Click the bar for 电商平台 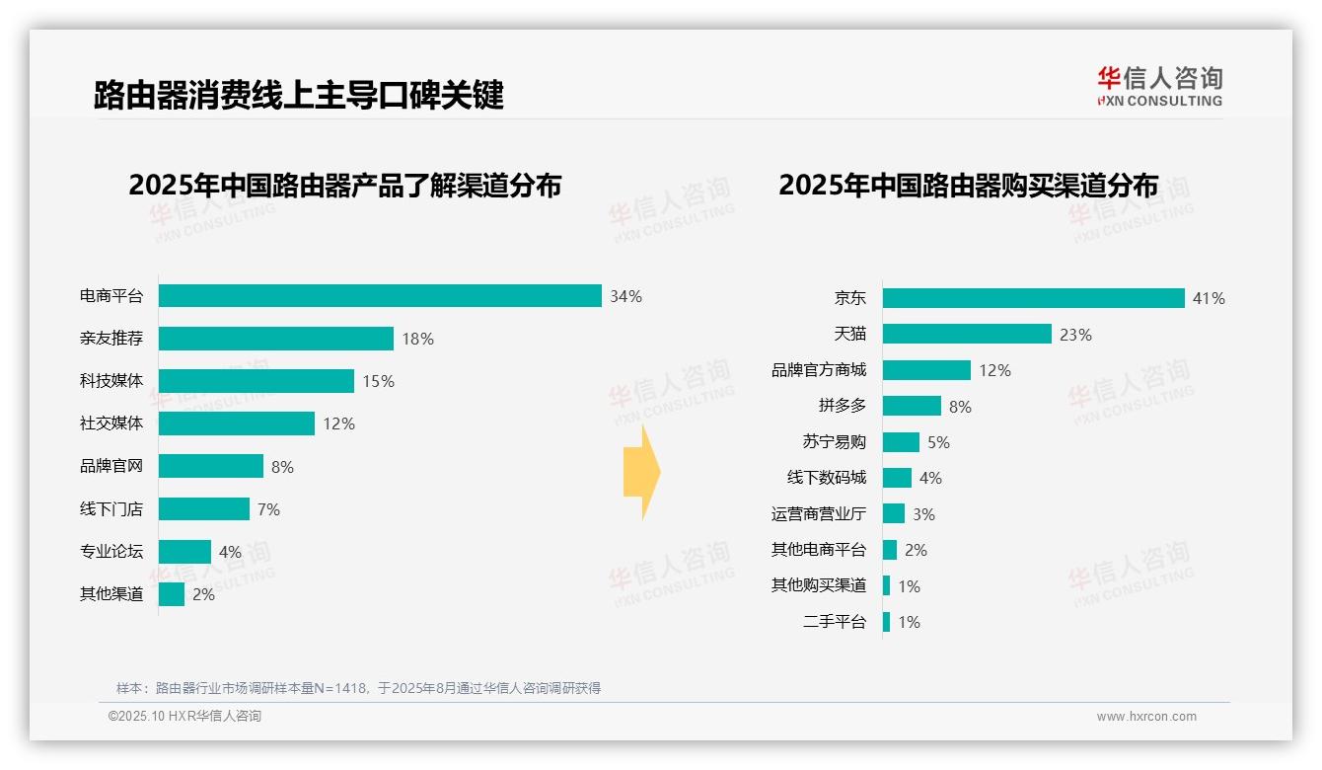[380, 296]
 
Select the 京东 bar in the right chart [1033, 298]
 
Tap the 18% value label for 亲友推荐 [417, 339]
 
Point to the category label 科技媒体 [111, 381]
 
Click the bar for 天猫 [967, 334]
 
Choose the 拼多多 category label [842, 406]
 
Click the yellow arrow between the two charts [642, 473]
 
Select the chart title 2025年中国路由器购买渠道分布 [968, 186]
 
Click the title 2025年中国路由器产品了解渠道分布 [344, 186]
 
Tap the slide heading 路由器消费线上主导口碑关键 [298, 95]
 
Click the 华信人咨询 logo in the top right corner [1159, 87]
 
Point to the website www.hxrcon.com [1146, 717]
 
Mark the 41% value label [1209, 298]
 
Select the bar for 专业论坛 [184, 552]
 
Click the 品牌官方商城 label [818, 370]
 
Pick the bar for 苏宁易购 [901, 442]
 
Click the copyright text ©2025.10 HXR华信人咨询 [184, 717]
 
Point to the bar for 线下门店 [204, 509]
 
